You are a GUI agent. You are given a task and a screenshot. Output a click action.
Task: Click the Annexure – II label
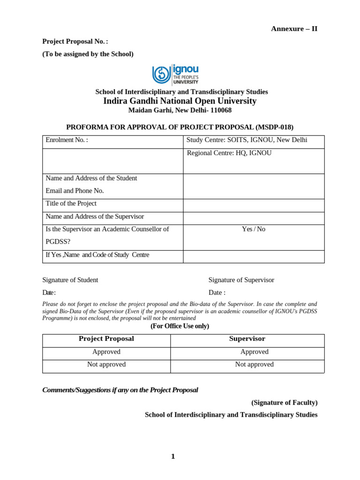[x=294, y=29]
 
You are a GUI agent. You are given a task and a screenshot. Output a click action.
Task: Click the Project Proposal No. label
[x=75, y=42]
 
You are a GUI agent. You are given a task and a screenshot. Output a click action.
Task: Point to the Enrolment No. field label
[x=67, y=140]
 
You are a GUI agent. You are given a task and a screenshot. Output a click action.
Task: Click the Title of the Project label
[x=71, y=203]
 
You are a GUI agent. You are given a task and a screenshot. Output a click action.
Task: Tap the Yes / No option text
[x=253, y=229]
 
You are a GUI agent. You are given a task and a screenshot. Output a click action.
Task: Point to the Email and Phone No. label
[x=75, y=191]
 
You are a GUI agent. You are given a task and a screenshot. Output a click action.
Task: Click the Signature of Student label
[x=70, y=280]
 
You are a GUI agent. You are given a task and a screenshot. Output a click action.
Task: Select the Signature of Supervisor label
[x=241, y=280]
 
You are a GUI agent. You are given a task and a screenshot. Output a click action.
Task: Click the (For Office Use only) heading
[x=180, y=326]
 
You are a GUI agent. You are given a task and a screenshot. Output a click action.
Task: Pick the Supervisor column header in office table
[x=247, y=338]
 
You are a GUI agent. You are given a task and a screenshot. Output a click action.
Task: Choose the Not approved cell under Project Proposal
[x=106, y=364]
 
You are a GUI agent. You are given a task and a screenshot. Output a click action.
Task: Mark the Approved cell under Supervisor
[x=254, y=352]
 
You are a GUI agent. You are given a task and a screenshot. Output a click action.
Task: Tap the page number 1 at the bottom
[x=173, y=457]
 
